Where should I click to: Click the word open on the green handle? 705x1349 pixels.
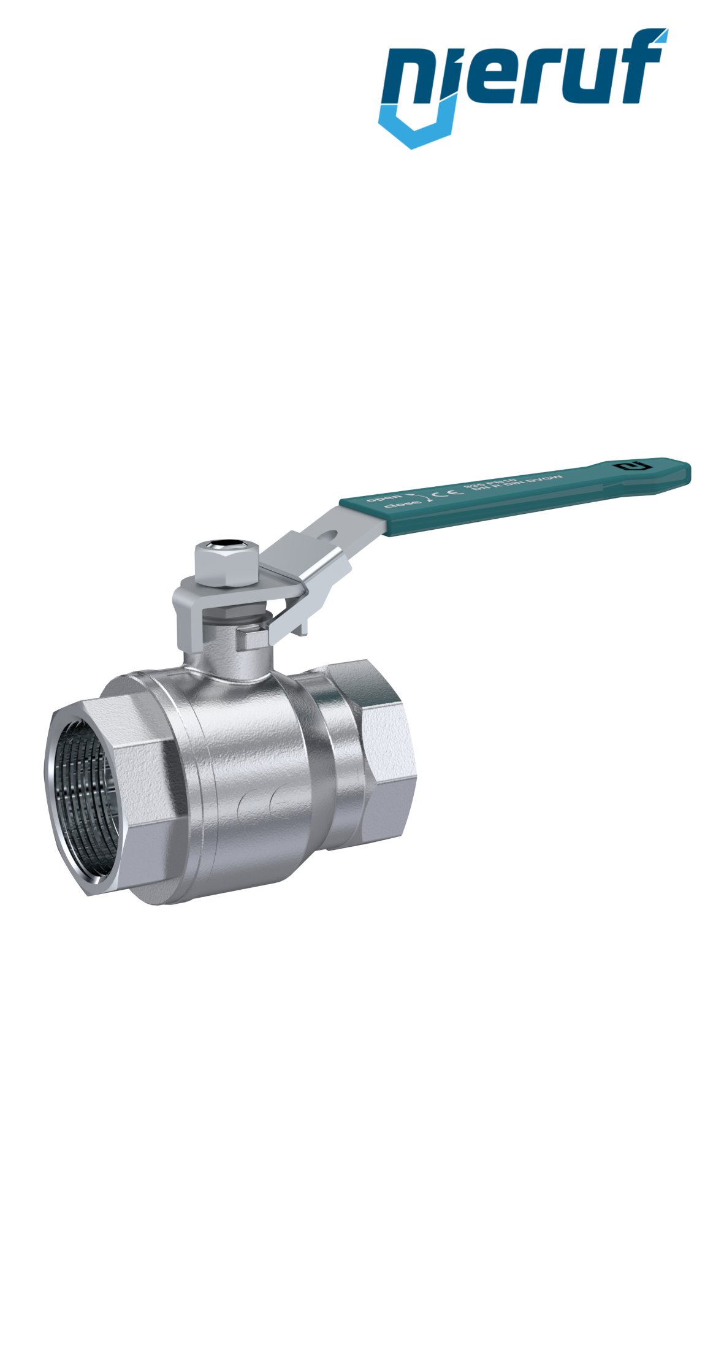[384, 498]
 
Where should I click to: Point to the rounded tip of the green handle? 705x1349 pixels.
[684, 473]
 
